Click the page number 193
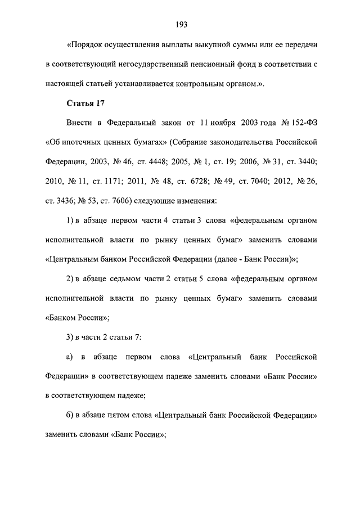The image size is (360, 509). click(181, 24)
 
